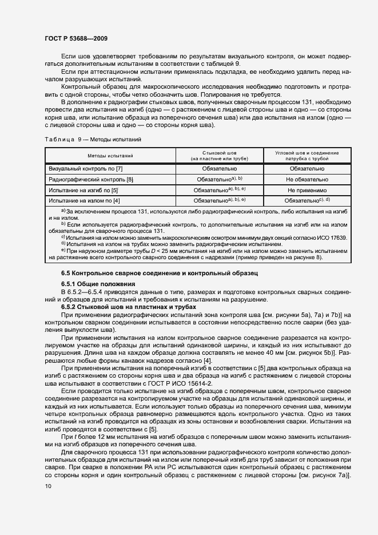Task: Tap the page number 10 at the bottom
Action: tap(48, 486)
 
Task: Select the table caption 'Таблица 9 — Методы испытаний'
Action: tap(93, 139)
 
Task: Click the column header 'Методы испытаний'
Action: tap(110, 156)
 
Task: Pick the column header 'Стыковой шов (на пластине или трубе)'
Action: tap(220, 156)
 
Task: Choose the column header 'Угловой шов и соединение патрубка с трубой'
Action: tap(307, 156)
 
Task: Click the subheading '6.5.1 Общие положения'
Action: tap(98, 284)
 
